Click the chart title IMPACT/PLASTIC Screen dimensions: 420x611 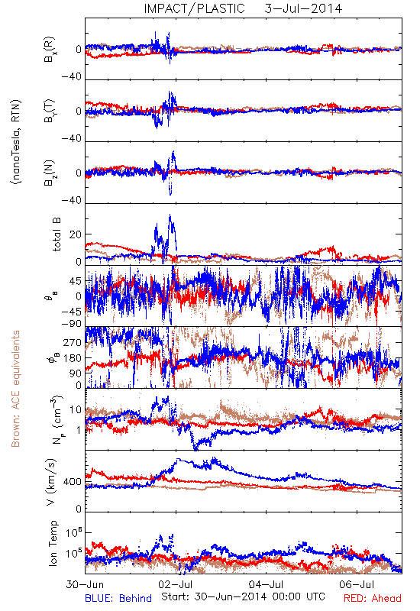(194, 8)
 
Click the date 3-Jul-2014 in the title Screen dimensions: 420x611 (303, 8)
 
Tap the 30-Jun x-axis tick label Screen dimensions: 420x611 (85, 584)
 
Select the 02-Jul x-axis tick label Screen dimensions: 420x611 (176, 584)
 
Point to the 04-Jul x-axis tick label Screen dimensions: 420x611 (267, 584)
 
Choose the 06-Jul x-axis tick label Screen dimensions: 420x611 (357, 584)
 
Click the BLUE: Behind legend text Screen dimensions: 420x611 (118, 598)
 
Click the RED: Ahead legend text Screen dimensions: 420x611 (373, 598)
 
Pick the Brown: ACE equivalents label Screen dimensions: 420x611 (15, 389)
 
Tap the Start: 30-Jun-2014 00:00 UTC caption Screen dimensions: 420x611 (243, 596)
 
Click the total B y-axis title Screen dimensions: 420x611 (57, 234)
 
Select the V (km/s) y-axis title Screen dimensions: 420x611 (52, 482)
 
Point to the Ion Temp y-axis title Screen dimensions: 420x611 (53, 543)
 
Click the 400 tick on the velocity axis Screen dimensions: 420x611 (73, 482)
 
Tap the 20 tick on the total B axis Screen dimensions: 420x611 (76, 234)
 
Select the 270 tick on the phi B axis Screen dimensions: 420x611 (73, 343)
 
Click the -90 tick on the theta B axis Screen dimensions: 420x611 (72, 324)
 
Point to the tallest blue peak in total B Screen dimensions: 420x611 (170, 215)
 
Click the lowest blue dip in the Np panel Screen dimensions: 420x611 (195, 449)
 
